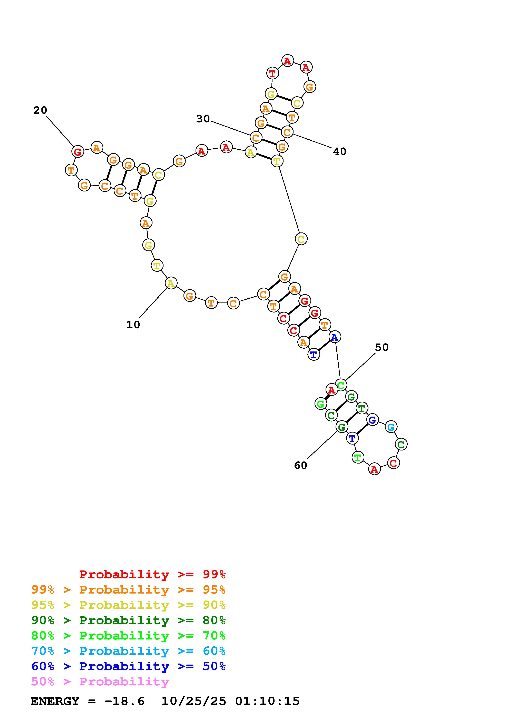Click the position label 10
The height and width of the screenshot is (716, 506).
pos(133,325)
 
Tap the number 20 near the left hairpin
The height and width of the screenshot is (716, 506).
pos(40,110)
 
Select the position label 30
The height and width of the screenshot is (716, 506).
pos(203,119)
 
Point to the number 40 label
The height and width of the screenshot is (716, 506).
pos(339,152)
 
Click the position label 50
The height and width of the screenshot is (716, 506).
pos(382,347)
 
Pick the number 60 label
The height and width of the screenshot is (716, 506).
pos(300,466)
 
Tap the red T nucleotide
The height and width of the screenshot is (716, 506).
pos(272,74)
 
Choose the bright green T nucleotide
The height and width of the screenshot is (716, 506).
pos(358,458)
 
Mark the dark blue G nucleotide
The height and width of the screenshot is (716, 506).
pos(373,420)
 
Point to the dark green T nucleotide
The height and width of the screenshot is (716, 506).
pos(362,408)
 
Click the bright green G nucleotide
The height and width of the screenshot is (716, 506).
pos(320,404)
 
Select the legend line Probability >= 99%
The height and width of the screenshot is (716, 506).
pos(152,574)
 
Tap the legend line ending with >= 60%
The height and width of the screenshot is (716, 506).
pos(128,651)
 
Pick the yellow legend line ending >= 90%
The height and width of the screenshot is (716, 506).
pos(128,605)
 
